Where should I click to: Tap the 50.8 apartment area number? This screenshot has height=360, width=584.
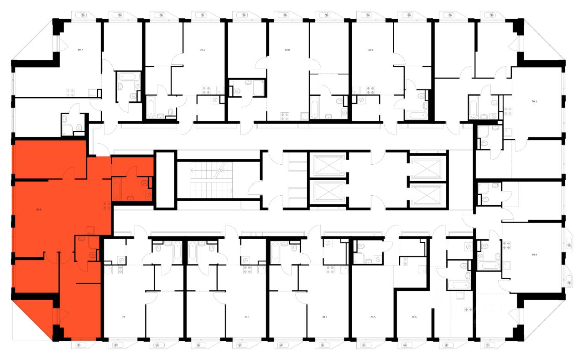pyautogui.click(x=287, y=51)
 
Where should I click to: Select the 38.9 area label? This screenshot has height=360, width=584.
pyautogui.click(x=370, y=51)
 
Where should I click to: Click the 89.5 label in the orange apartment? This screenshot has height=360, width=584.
pyautogui.click(x=39, y=210)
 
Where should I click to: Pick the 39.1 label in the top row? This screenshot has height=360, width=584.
pyautogui.click(x=202, y=51)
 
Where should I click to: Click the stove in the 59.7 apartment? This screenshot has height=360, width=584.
pyautogui.click(x=71, y=92)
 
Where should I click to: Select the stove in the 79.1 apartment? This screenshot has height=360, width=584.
pyautogui.click(x=507, y=110)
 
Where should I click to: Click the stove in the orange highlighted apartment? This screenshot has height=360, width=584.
pyautogui.click(x=107, y=206)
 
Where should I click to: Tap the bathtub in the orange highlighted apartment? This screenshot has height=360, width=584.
pyautogui.click(x=117, y=190)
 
